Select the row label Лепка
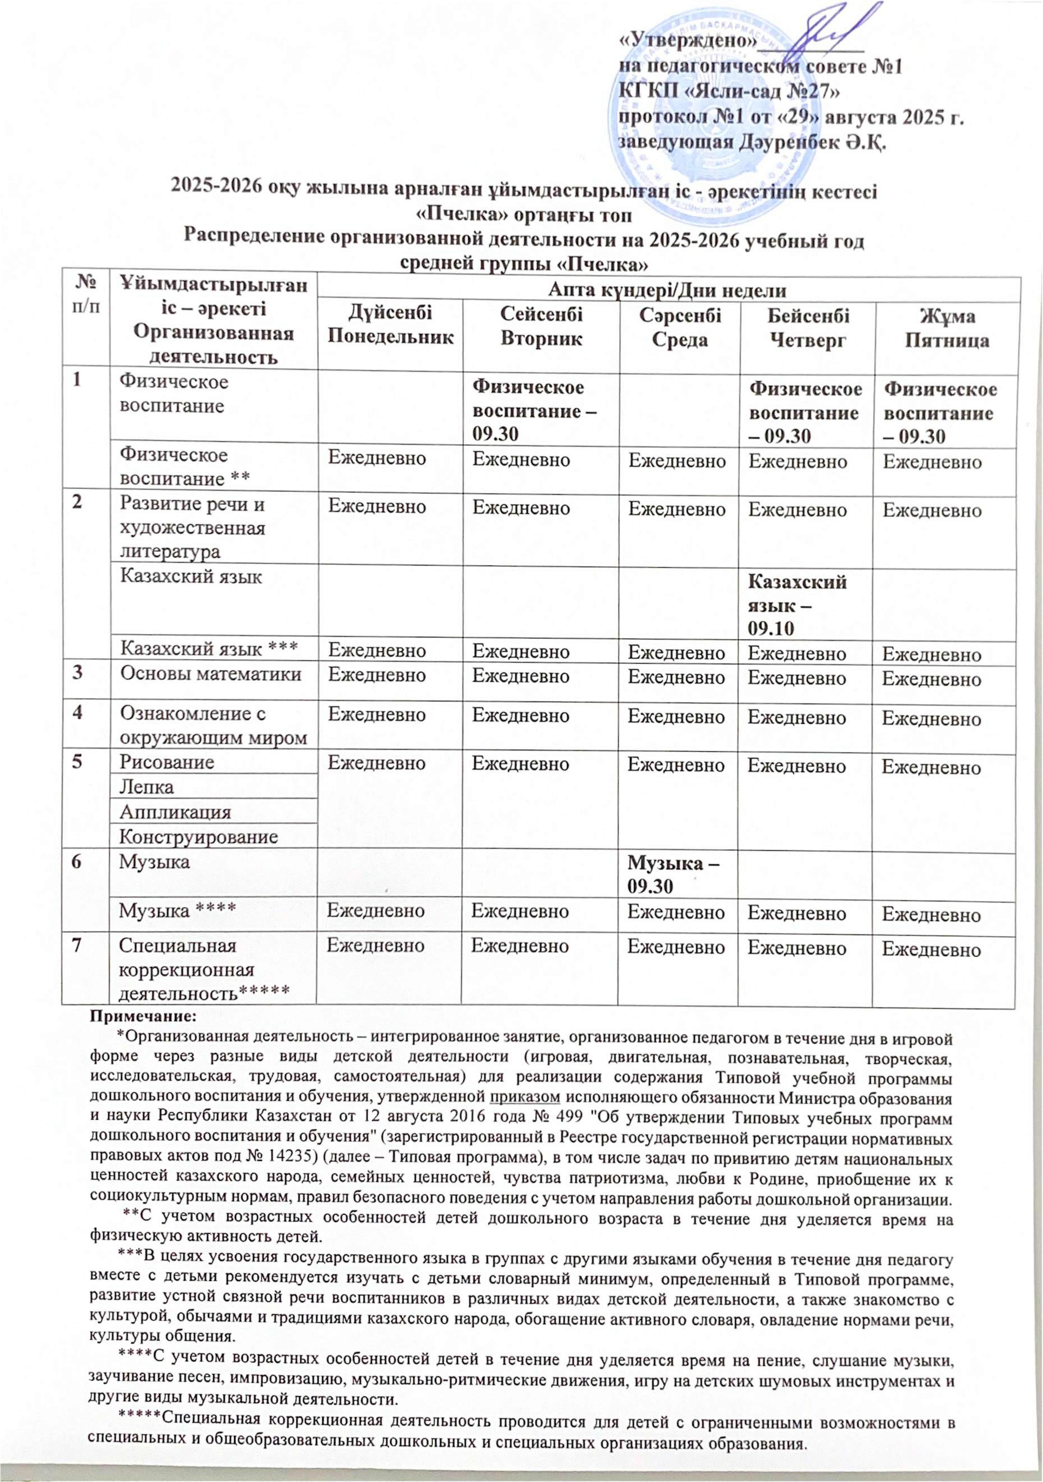[147, 787]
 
